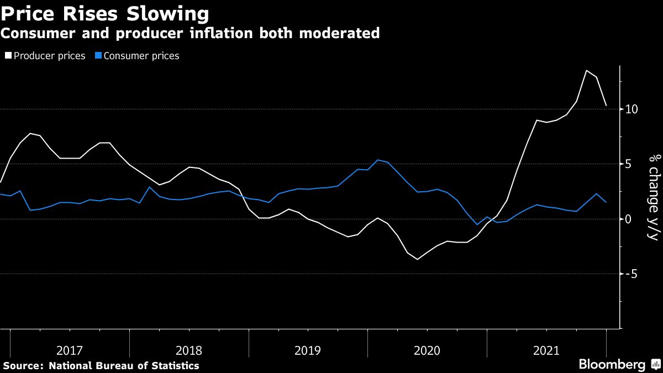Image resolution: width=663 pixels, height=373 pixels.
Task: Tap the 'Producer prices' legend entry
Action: point(49,56)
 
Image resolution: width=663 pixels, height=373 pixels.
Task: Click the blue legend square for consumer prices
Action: point(99,56)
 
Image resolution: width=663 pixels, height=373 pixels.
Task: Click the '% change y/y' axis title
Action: point(654,198)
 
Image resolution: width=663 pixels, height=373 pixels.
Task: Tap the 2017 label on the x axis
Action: point(70,350)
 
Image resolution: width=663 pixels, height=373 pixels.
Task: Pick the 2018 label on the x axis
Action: point(189,350)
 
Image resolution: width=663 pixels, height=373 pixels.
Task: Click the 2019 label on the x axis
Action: point(308,350)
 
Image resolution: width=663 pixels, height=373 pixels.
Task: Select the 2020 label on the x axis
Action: point(427,350)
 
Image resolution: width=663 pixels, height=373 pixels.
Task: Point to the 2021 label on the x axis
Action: point(546,350)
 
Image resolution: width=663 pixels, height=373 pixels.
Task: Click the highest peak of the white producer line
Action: point(586,71)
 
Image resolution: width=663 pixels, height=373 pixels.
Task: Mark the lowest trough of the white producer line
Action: point(417,259)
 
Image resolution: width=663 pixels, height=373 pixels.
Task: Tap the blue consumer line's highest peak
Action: point(377,160)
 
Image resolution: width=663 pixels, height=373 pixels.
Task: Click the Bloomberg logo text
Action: point(612,365)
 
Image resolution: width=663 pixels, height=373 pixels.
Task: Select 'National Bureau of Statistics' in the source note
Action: point(124,365)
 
